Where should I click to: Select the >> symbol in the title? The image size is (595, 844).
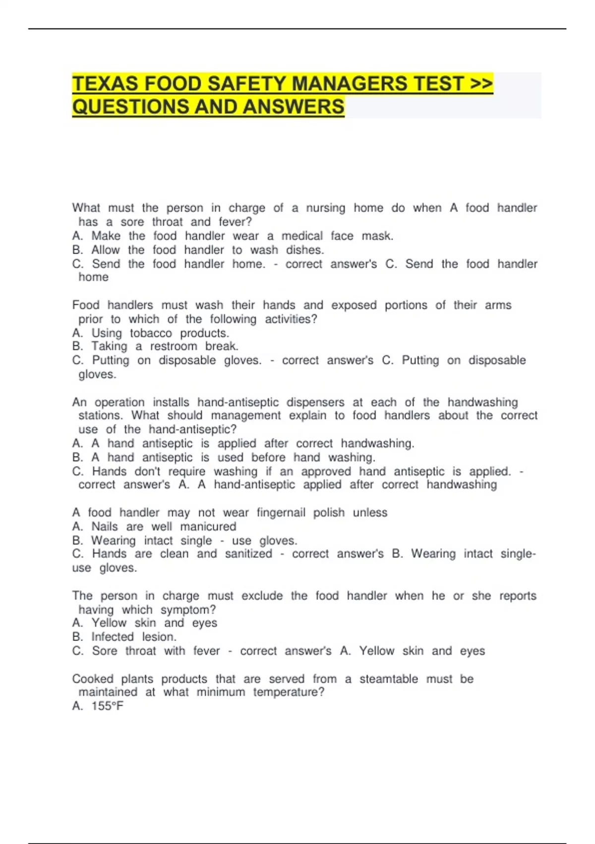(x=480, y=83)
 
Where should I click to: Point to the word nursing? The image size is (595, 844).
(x=325, y=208)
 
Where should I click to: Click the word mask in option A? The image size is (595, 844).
(x=377, y=236)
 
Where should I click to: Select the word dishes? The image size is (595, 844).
(x=304, y=250)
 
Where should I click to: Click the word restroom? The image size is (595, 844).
(x=174, y=346)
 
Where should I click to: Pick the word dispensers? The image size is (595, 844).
(x=315, y=402)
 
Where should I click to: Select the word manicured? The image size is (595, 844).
(x=208, y=526)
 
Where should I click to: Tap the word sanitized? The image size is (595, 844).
(x=248, y=554)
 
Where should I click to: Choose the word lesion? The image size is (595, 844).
(x=159, y=637)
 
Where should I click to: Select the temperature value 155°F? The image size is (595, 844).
(x=108, y=706)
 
